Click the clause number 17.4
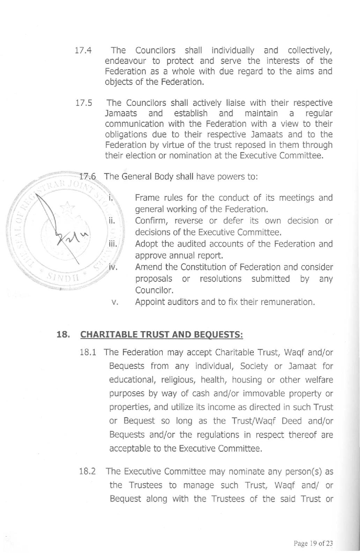(83, 50)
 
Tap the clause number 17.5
(84, 103)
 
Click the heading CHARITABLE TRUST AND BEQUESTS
(161, 334)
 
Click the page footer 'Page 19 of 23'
(313, 543)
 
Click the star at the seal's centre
(66, 210)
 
